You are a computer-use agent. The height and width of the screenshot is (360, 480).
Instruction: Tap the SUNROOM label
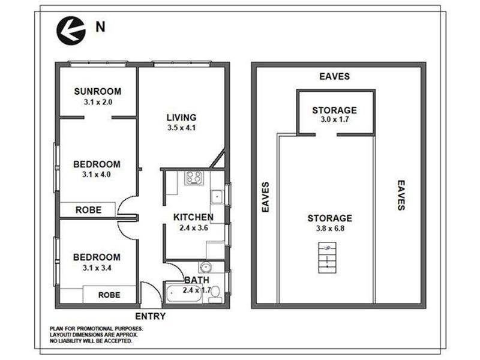(x=97, y=92)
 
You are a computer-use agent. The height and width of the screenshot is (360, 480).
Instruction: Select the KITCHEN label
(x=193, y=217)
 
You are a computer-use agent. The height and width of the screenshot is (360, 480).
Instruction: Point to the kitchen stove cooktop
(x=194, y=178)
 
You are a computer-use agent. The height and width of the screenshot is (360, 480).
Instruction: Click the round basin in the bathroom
(x=205, y=268)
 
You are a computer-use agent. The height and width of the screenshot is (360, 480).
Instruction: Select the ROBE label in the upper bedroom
(x=88, y=210)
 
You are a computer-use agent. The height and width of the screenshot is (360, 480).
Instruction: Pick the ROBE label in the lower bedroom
(x=109, y=295)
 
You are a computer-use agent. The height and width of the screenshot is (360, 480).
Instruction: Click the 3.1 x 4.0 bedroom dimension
(x=97, y=175)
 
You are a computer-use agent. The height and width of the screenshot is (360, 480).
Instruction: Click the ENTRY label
(x=150, y=316)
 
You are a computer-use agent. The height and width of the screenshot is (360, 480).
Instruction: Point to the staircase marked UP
(x=327, y=257)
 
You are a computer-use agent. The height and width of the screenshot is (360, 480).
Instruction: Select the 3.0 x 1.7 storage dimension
(x=334, y=121)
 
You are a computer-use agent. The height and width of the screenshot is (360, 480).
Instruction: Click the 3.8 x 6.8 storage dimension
(x=329, y=229)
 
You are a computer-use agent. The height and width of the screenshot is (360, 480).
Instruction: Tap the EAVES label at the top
(x=334, y=77)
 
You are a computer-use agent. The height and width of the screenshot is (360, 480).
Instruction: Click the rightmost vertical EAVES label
(x=401, y=195)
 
